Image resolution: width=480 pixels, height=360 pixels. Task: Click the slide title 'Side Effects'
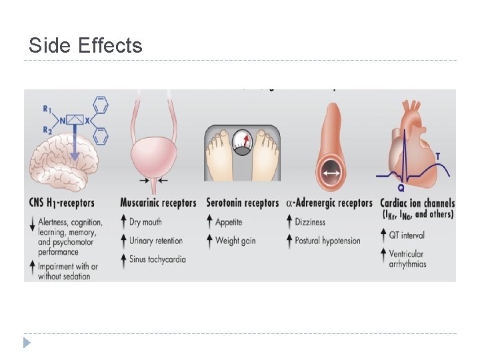[x=85, y=45]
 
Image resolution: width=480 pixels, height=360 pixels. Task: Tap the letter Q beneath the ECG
[x=401, y=188]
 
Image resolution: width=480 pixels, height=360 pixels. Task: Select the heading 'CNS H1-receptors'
[x=62, y=203]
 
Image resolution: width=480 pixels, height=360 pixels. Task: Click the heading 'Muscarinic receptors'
[x=159, y=203]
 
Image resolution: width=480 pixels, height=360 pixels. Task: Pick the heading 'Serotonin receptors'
[x=243, y=203]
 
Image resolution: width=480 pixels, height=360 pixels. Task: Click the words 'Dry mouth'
[x=145, y=222]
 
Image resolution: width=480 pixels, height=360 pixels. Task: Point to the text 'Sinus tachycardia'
[x=157, y=259]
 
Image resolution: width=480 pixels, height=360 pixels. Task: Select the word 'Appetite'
[x=229, y=222]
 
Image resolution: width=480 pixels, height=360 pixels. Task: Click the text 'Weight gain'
[x=235, y=241]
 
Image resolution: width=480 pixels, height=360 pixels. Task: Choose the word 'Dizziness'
[x=310, y=222]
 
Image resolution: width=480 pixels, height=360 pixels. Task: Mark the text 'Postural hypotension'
[x=327, y=241]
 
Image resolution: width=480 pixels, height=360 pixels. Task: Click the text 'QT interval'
[x=407, y=235]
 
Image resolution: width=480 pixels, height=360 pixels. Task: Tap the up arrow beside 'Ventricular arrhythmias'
[x=383, y=254]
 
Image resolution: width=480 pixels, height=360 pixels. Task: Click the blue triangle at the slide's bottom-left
[x=27, y=343]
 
